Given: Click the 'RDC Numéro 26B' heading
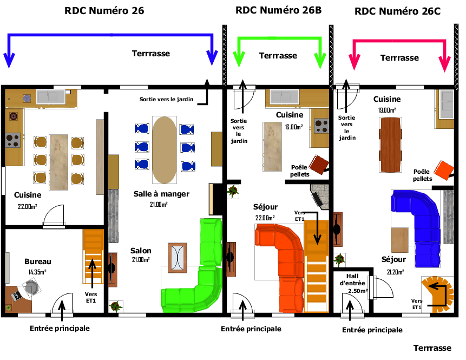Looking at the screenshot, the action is click(x=279, y=10).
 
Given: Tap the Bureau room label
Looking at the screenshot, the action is click(x=38, y=261).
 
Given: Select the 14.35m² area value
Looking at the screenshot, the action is click(x=37, y=272).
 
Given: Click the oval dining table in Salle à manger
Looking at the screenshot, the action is click(x=165, y=150).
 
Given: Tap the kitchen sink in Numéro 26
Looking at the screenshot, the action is click(x=51, y=97).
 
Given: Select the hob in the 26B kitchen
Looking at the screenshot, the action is click(x=321, y=126).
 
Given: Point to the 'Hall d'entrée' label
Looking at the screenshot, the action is click(x=352, y=280).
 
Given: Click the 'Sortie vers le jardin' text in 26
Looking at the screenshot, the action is click(x=167, y=99).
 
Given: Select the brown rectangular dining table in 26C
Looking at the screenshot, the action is click(x=390, y=145).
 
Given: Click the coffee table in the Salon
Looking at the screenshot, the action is click(x=178, y=258).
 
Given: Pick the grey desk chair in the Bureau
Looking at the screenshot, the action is click(x=31, y=287).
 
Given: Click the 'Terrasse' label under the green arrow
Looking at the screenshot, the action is click(x=278, y=56).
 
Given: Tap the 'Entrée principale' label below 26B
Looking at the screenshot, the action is click(x=251, y=329).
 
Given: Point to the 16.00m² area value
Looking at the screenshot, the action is click(x=294, y=127).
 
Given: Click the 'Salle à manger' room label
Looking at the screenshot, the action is click(x=161, y=194).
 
